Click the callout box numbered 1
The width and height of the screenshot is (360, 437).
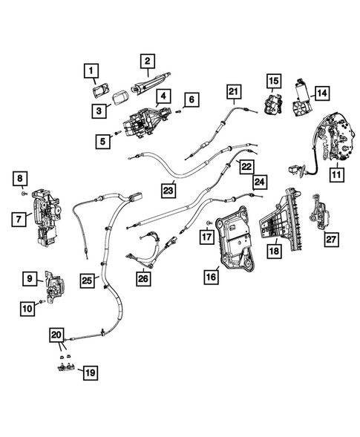pos(91,70)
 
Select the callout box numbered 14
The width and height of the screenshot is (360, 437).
pos(322,93)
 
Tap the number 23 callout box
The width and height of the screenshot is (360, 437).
pos(168,191)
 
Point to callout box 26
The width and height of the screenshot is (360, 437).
pos(143,278)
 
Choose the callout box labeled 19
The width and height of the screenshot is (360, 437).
pos(91,372)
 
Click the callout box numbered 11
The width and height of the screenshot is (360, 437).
pos(336,175)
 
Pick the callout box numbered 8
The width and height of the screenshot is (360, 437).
pos(20,179)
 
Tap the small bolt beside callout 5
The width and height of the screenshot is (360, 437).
pos(118,133)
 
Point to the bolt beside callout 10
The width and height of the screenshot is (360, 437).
pos(42,301)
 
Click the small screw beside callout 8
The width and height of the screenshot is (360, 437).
pos(24,193)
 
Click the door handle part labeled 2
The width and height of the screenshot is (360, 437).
pos(151,82)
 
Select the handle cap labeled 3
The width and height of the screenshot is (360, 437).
pos(120,98)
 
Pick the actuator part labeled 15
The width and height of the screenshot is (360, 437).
pos(273,105)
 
